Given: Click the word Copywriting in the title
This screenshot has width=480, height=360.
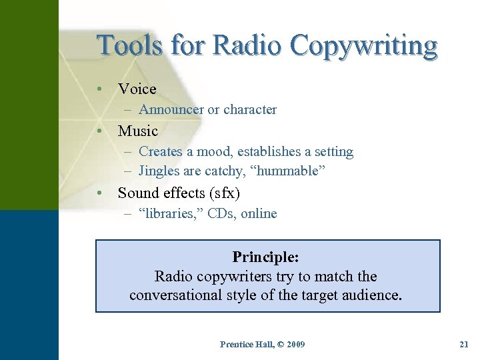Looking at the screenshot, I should [364, 47].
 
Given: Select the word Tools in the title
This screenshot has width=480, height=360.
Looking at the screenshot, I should [129, 46].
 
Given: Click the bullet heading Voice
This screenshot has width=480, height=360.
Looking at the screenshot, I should [137, 89].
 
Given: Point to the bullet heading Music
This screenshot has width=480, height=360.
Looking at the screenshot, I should [137, 131].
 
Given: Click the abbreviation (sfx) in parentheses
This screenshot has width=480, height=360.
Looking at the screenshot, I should [224, 193].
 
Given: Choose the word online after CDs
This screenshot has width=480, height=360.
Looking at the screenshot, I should [259, 214].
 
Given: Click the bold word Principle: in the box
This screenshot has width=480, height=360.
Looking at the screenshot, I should [265, 257].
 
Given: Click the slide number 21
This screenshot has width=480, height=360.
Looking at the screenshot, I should [464, 344].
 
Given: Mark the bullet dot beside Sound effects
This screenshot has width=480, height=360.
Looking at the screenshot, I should [99, 193].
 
